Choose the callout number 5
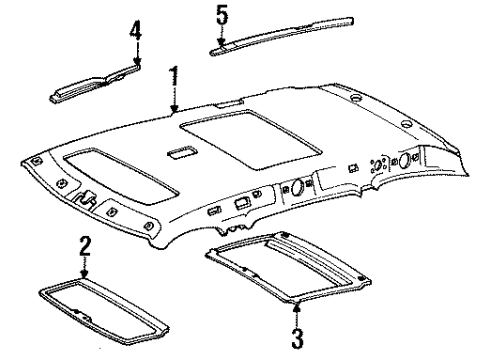pos(222,14)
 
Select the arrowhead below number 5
pos(222,40)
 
